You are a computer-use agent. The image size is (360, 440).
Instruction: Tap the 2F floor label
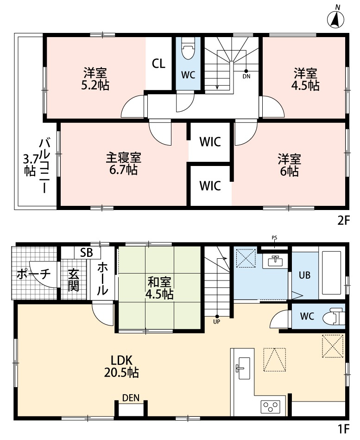click(343, 221)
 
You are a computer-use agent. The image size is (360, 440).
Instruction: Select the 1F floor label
click(343, 429)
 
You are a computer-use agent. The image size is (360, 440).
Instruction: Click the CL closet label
click(158, 64)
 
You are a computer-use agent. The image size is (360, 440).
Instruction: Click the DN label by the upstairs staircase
click(246, 77)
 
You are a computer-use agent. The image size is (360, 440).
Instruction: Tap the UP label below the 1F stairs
click(216, 321)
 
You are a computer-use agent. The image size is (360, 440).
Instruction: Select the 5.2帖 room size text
click(96, 85)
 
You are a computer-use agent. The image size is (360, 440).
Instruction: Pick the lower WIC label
click(210, 186)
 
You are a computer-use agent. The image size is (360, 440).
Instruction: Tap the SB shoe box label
click(87, 253)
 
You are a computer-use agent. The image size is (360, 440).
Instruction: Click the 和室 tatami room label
click(160, 281)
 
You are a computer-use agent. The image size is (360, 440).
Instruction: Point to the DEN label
click(131, 397)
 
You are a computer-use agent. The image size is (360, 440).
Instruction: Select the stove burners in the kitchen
click(270, 407)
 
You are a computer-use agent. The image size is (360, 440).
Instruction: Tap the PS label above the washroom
click(274, 238)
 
